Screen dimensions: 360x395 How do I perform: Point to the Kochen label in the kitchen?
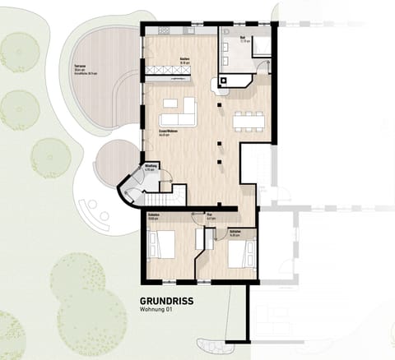[185, 59]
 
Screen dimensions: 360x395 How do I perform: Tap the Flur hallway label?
[211, 218]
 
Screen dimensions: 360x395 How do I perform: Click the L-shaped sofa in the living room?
[183, 111]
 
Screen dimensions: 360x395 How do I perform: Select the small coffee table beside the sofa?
[171, 104]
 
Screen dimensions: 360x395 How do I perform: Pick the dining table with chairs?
[248, 121]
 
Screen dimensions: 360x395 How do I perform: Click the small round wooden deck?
[116, 162]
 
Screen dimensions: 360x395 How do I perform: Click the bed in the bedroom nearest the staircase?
[160, 244]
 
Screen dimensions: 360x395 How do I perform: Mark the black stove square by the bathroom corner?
[221, 82]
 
